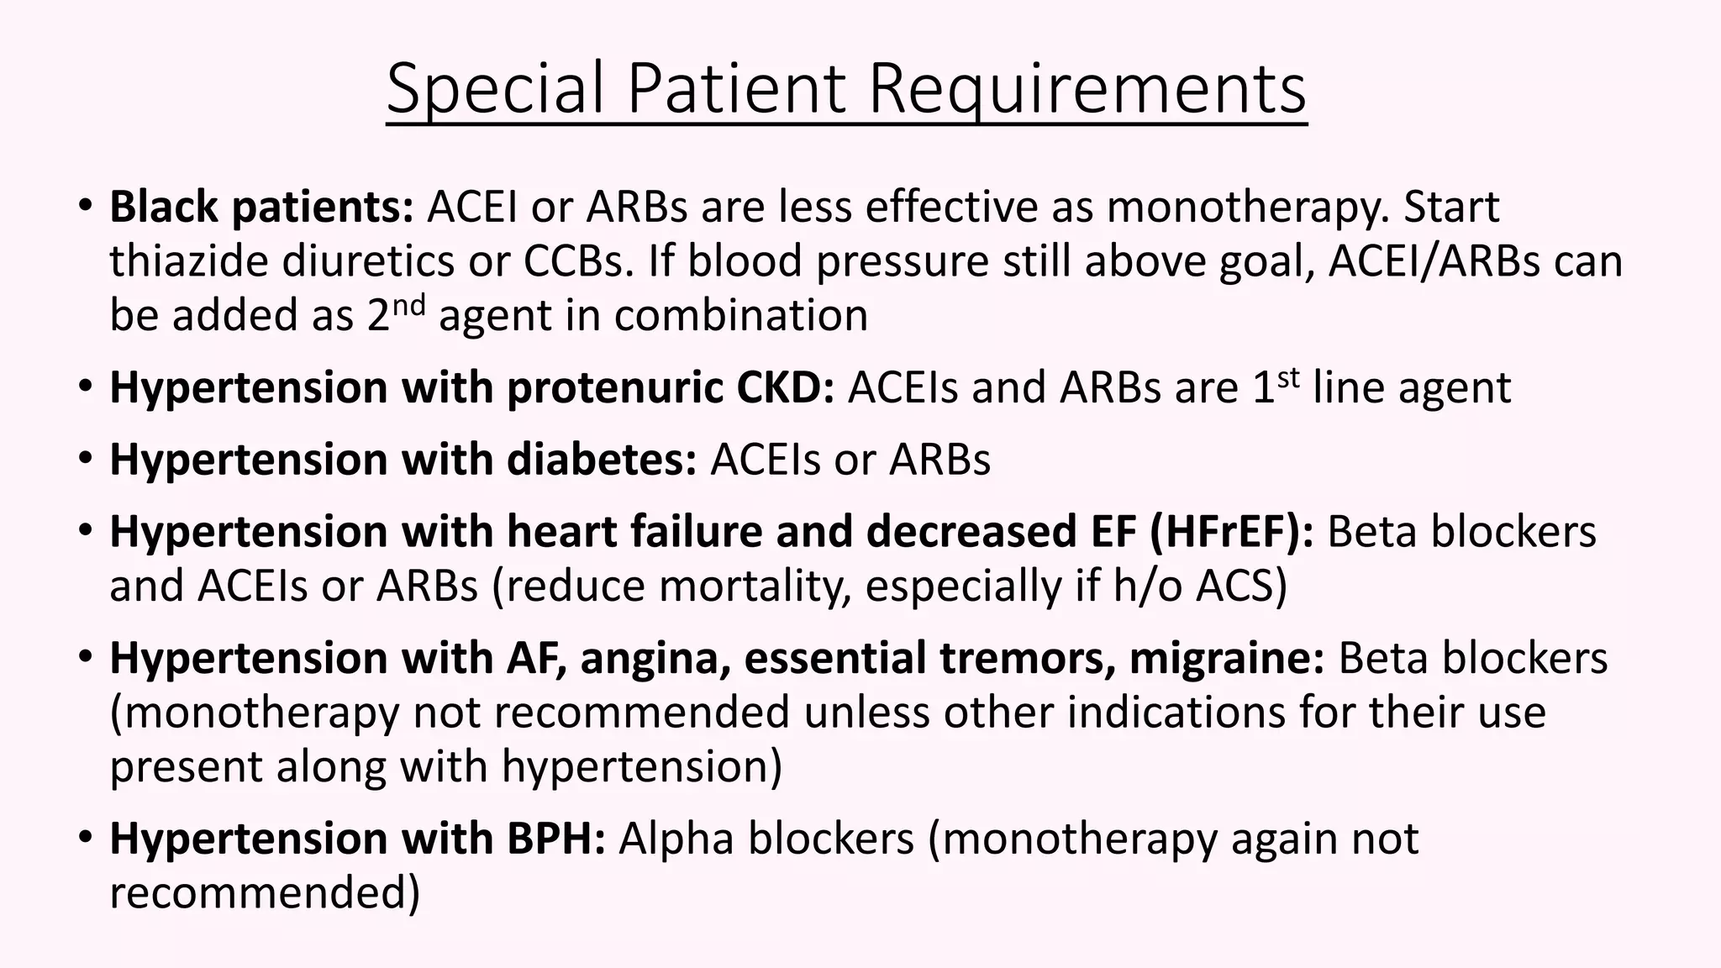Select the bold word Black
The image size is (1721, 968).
(164, 207)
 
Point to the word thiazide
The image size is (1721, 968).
(189, 261)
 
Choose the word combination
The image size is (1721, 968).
(741, 316)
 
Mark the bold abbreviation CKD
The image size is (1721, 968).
(785, 388)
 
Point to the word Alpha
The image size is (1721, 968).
(676, 839)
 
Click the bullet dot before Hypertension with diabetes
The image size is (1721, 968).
(86, 459)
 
